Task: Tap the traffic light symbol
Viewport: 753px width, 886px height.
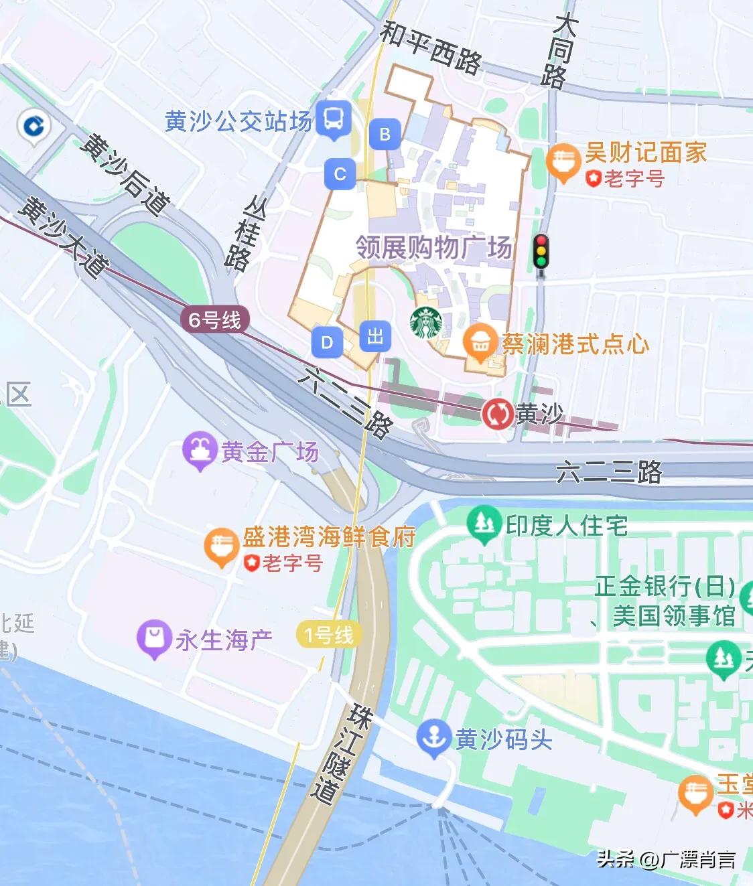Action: [541, 253]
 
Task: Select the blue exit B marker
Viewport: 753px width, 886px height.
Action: [385, 134]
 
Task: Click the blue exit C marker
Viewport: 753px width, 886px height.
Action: [340, 174]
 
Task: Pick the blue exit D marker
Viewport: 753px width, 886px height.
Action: [327, 342]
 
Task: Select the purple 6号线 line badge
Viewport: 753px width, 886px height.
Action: [214, 319]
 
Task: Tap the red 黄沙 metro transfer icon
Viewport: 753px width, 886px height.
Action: [497, 414]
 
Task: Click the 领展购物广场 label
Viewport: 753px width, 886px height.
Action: [433, 247]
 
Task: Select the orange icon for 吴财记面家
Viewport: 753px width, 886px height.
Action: [563, 161]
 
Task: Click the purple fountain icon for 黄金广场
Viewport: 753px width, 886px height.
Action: [199, 449]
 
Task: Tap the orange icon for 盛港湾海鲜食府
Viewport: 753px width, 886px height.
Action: [220, 545]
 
